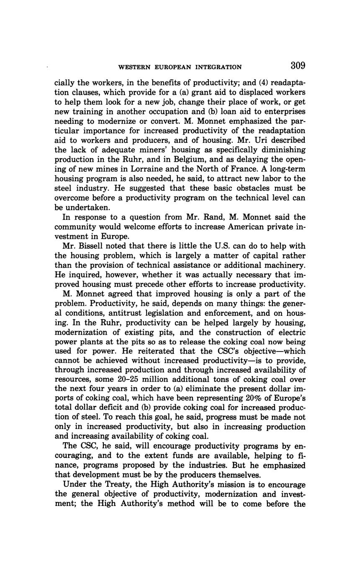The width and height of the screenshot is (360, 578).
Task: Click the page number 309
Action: [x=297, y=66]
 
